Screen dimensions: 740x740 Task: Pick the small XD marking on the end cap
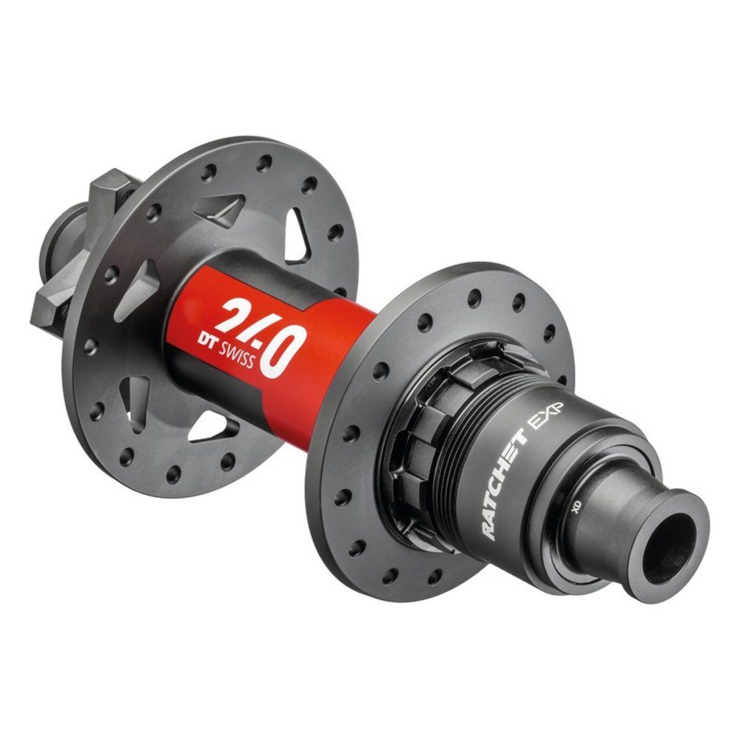tap(575, 509)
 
